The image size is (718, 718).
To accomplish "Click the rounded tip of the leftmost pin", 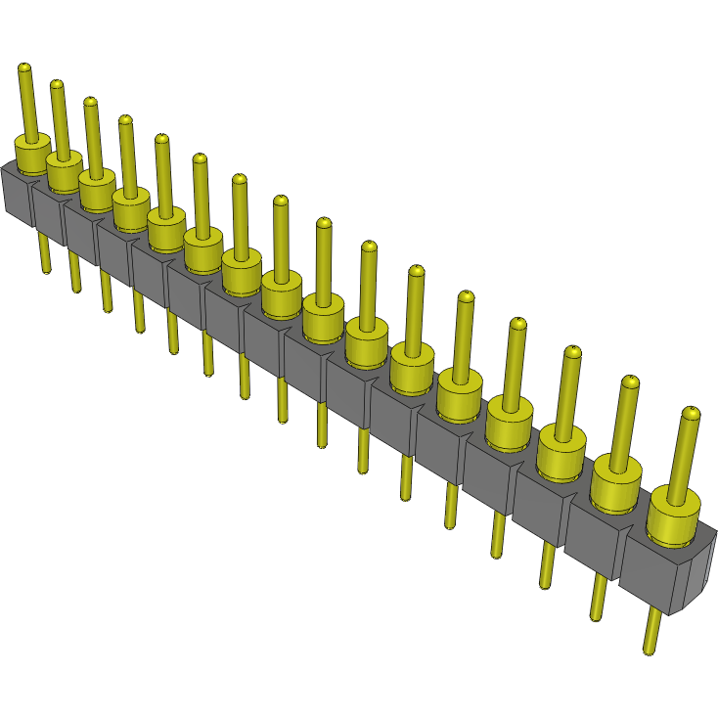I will (24, 67).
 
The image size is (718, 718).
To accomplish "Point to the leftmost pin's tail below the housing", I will (43, 251).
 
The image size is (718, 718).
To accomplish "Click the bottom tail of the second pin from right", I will (597, 598).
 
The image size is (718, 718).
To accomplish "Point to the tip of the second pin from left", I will (57, 85).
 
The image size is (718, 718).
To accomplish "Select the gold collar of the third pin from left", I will (96, 190).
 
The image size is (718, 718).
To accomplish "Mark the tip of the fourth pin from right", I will (517, 324).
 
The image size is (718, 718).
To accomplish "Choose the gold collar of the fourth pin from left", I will (129, 206).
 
